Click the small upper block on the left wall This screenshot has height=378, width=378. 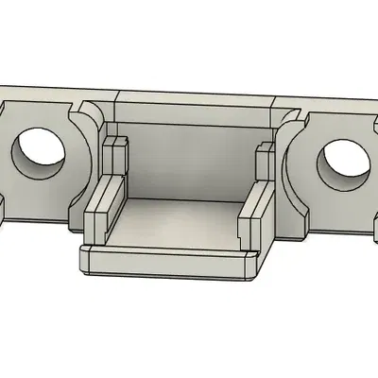(x=115, y=156)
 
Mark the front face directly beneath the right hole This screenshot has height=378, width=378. (x=342, y=213)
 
